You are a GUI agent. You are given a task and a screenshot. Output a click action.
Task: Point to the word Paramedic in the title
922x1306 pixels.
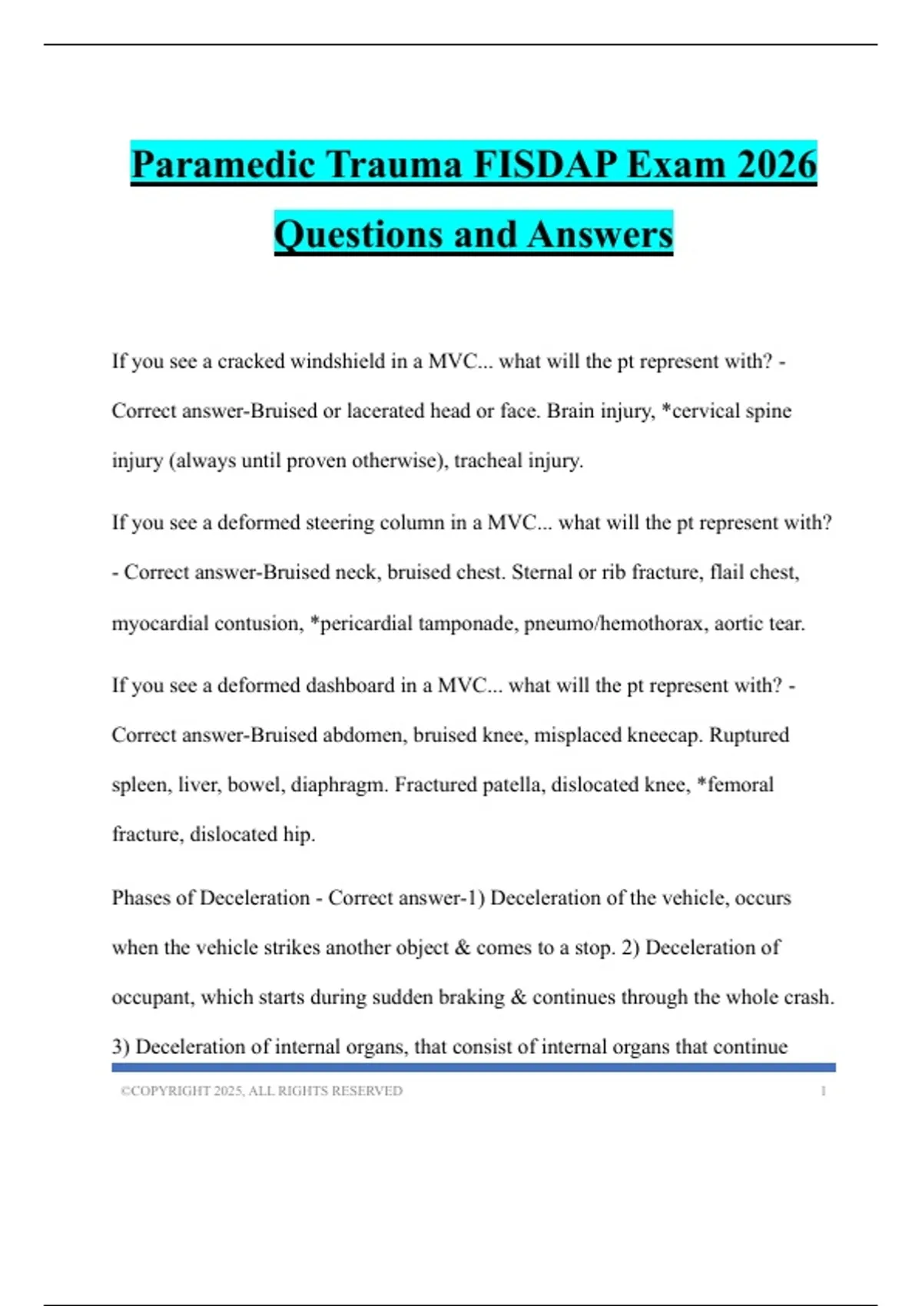coord(224,164)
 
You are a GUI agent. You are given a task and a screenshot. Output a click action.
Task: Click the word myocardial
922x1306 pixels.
coord(161,623)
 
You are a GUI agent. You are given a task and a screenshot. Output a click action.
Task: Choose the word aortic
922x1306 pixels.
coord(738,623)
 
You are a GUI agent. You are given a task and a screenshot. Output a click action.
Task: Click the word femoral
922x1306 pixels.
coord(739,785)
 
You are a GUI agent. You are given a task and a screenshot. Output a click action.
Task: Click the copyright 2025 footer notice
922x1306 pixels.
coord(261,1091)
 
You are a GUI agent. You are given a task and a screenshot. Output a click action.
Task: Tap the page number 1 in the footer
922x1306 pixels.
coord(823,1091)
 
